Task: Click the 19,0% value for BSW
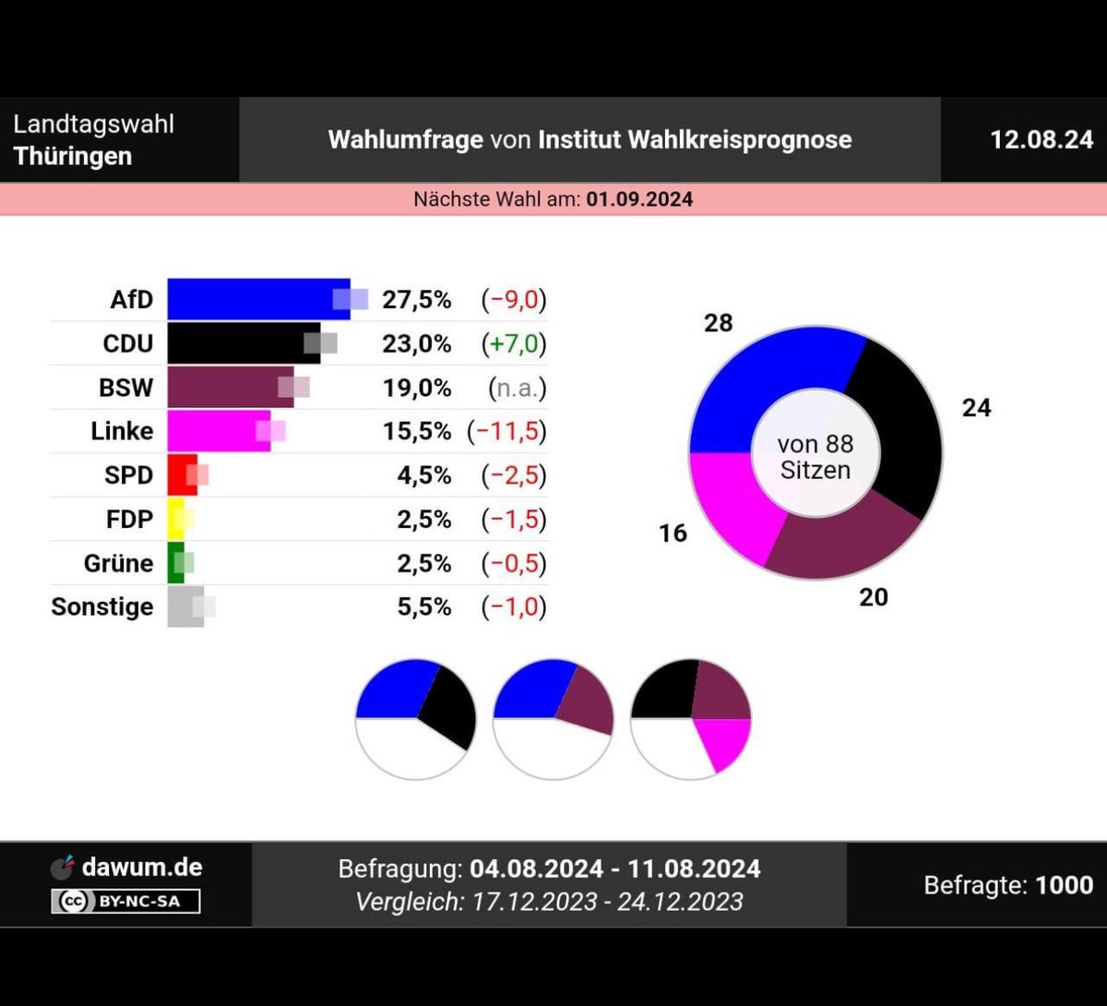click(417, 388)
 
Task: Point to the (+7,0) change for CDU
click(513, 344)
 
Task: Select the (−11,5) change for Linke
click(506, 431)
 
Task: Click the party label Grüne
click(118, 563)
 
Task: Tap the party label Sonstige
click(101, 607)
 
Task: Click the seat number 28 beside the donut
click(718, 323)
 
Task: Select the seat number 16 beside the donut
click(673, 533)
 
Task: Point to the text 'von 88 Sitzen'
click(815, 457)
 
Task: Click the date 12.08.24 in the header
click(1042, 140)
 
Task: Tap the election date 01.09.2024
click(639, 199)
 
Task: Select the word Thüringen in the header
click(73, 156)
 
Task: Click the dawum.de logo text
click(141, 868)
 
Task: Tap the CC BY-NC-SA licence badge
click(125, 901)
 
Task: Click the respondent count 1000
click(1064, 885)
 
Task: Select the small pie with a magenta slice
click(691, 719)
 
